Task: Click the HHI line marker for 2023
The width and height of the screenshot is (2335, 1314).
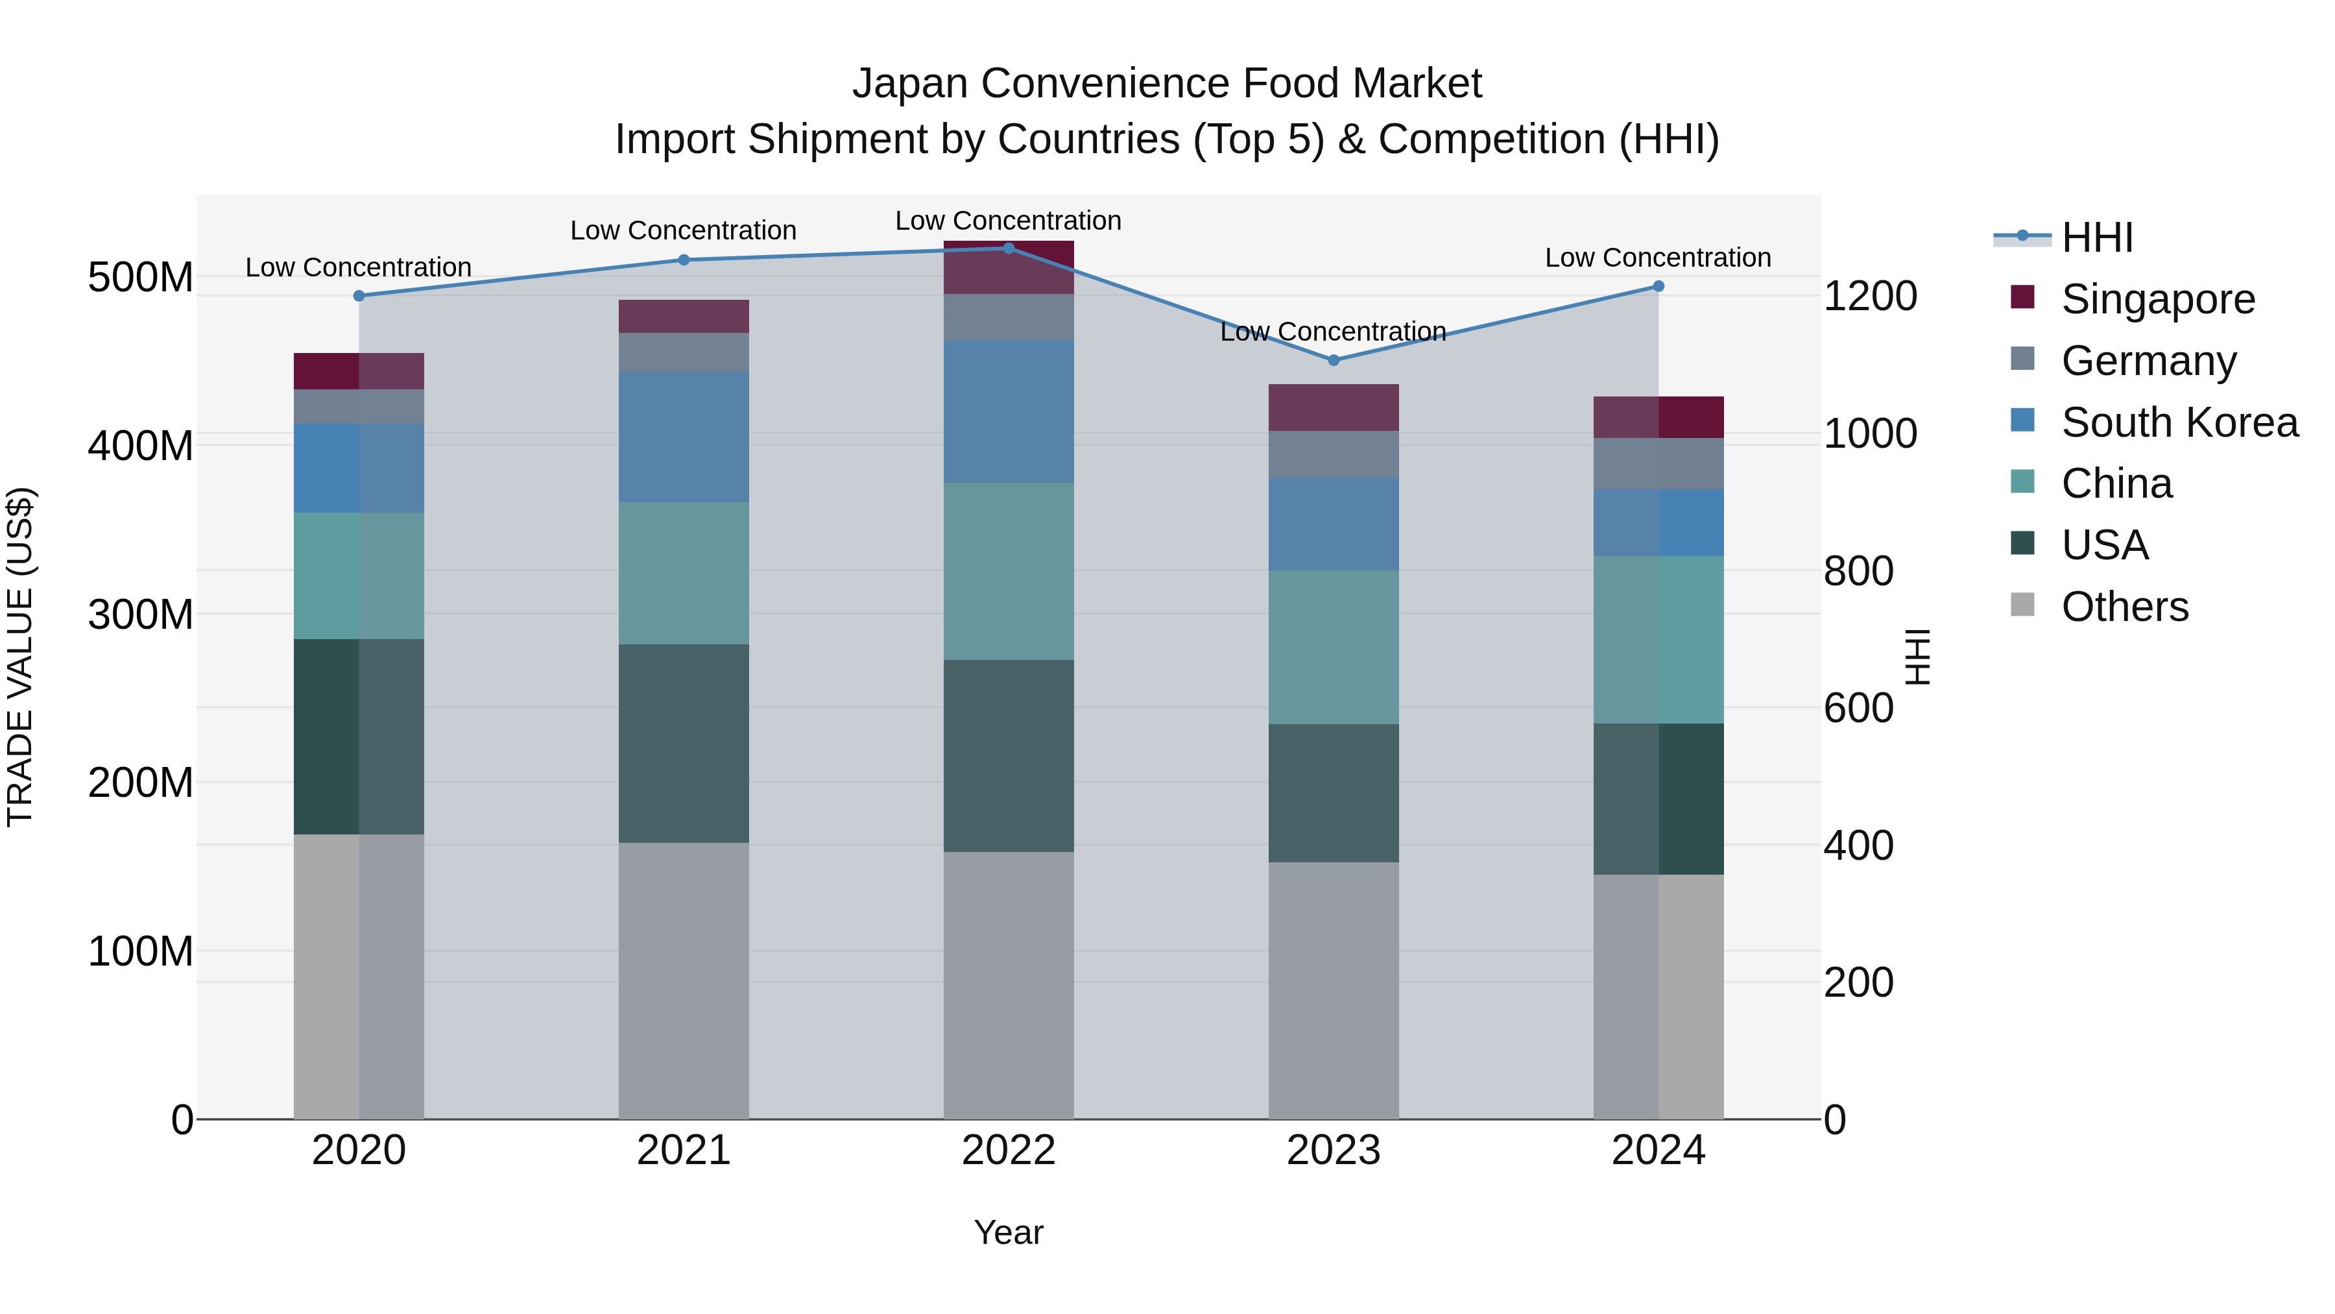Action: pyautogui.click(x=1334, y=360)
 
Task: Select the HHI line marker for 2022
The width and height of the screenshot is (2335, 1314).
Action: pyautogui.click(x=1008, y=249)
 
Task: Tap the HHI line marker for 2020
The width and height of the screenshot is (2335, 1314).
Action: pyautogui.click(x=359, y=296)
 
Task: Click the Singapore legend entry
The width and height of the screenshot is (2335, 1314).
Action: pyautogui.click(x=2157, y=299)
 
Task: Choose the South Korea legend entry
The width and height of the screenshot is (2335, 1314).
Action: pyautogui.click(x=2179, y=422)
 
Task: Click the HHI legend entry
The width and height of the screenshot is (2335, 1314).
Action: pyautogui.click(x=2096, y=237)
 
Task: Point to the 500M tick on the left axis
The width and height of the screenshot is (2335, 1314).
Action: pyautogui.click(x=141, y=278)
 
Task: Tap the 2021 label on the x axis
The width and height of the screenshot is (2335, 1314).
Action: pyautogui.click(x=684, y=1150)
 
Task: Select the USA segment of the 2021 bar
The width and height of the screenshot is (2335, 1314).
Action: pyautogui.click(x=684, y=744)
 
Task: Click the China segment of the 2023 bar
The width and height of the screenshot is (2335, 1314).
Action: pyautogui.click(x=1334, y=646)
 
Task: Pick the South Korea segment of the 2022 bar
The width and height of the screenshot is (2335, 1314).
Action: pyautogui.click(x=1008, y=411)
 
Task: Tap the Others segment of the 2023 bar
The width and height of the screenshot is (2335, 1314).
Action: pyautogui.click(x=1334, y=990)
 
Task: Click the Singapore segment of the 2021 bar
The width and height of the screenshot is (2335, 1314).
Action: pyautogui.click(x=684, y=317)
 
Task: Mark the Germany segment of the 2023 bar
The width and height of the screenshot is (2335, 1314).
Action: pyautogui.click(x=1334, y=454)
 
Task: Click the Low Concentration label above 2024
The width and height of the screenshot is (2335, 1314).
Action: pyautogui.click(x=1657, y=258)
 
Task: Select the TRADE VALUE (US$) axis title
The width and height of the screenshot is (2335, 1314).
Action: pyautogui.click(x=21, y=657)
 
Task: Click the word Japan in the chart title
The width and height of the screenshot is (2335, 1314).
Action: pyautogui.click(x=909, y=84)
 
